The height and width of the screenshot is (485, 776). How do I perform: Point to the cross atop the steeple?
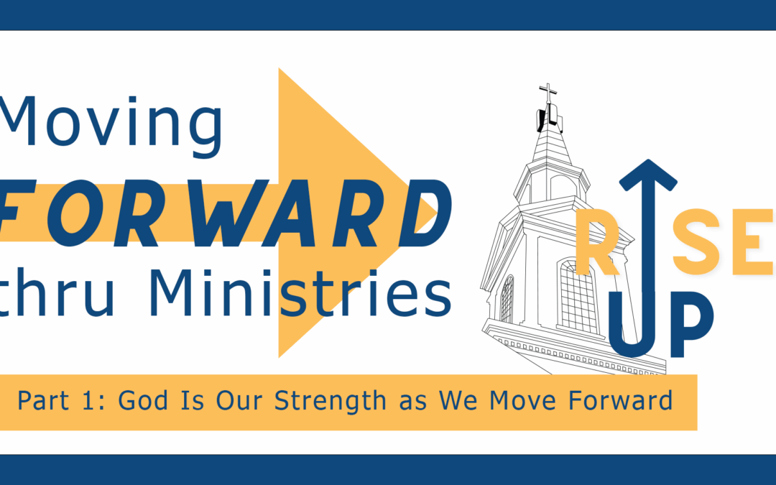pyautogui.click(x=548, y=95)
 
